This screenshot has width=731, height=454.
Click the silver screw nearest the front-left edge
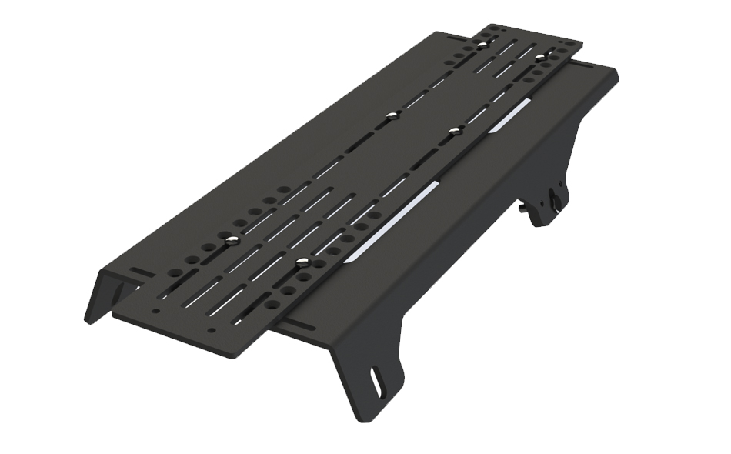click(x=230, y=242)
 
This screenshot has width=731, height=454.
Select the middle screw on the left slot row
click(x=392, y=115)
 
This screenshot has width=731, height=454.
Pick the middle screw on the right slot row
click(x=455, y=130)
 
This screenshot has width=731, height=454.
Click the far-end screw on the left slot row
click(x=482, y=45)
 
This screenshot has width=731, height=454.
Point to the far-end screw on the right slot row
click(x=540, y=57)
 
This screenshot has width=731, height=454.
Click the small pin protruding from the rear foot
click(x=524, y=206)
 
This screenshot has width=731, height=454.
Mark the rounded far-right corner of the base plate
click(x=615, y=73)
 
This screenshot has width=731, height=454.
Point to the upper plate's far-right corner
click(x=580, y=45)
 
